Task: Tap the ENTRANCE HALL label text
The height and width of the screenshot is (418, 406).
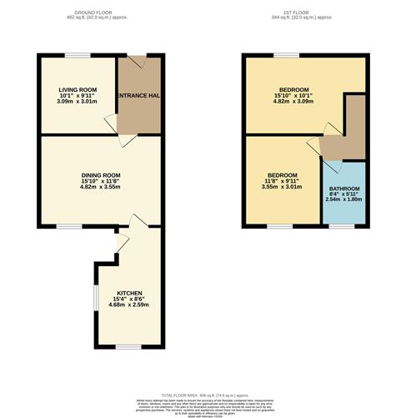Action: (138, 96)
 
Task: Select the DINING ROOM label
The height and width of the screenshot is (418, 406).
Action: (101, 175)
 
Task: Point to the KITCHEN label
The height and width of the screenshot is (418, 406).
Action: (123, 293)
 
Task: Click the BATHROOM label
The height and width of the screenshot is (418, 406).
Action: (343, 189)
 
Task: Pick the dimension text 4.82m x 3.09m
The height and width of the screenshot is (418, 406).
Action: (295, 101)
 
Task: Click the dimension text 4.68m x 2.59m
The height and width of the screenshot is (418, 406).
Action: (123, 305)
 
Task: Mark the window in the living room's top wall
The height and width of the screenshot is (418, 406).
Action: (78, 55)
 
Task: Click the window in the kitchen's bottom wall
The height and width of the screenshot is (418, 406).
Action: (126, 347)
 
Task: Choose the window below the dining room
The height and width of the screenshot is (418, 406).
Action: (69, 226)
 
